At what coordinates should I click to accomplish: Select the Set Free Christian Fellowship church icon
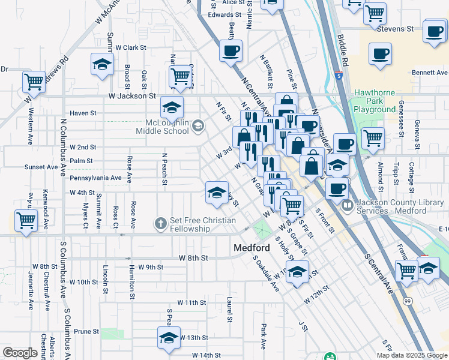click(160, 224)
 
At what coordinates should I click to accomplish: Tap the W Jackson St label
click(132, 95)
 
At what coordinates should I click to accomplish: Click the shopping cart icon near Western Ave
click(34, 81)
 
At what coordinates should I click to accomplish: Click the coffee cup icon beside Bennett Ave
click(379, 53)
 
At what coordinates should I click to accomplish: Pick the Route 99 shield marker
click(408, 299)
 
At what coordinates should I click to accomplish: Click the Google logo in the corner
click(20, 353)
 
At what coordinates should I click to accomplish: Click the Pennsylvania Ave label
click(95, 178)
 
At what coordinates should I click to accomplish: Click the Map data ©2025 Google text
click(412, 355)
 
